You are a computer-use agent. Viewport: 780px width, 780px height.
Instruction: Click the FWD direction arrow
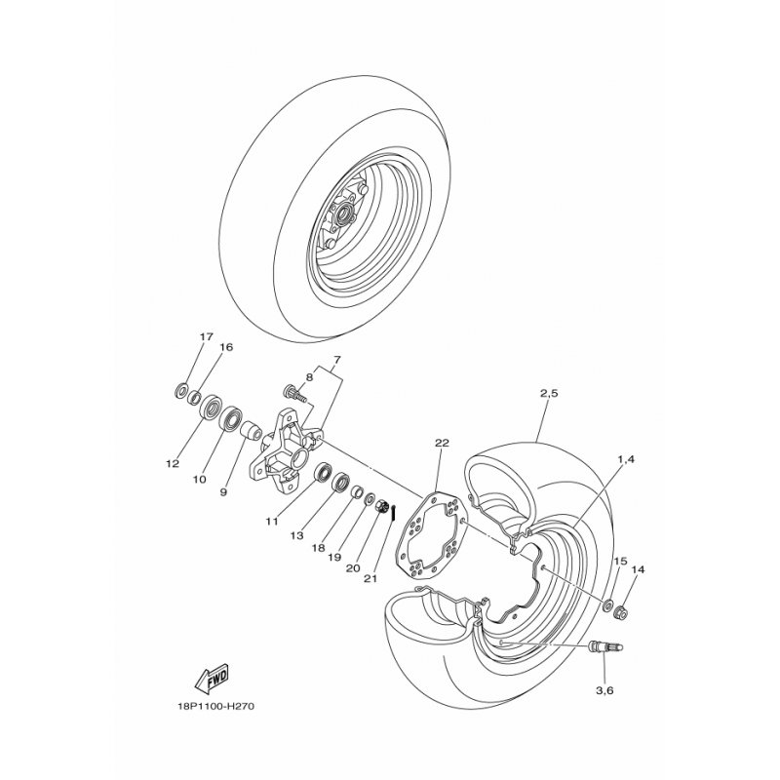pyautogui.click(x=211, y=678)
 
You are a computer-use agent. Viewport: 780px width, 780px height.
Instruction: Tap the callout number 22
pyautogui.click(x=442, y=443)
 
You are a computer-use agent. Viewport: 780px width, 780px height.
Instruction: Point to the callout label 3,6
pyautogui.click(x=604, y=690)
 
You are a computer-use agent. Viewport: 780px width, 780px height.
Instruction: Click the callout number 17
pyautogui.click(x=207, y=336)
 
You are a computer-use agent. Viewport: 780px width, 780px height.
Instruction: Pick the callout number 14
pyautogui.click(x=639, y=570)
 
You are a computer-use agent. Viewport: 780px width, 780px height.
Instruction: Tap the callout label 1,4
pyautogui.click(x=625, y=459)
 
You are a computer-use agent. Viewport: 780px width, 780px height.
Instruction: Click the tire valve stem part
pyautogui.click(x=605, y=647)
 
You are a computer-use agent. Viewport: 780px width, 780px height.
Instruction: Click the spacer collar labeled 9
pyautogui.click(x=252, y=432)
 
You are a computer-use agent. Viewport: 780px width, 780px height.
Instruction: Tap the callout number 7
pyautogui.click(x=336, y=359)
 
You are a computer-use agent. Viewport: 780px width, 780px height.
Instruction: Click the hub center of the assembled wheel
pyautogui.click(x=343, y=215)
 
